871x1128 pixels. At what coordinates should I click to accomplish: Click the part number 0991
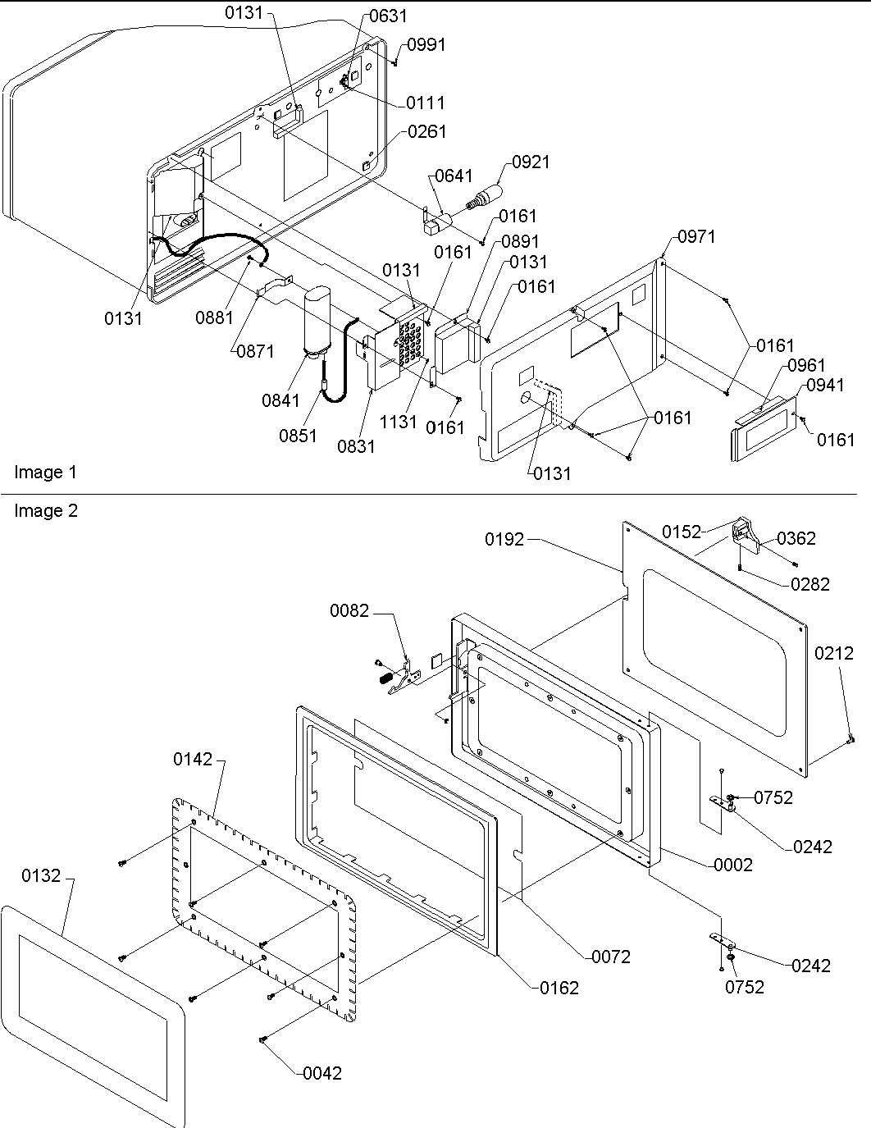[x=426, y=45]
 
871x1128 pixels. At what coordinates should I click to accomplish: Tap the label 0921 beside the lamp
[x=532, y=162]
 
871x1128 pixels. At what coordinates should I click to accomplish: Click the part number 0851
[x=298, y=436]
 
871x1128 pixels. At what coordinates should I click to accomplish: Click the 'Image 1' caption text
[x=45, y=473]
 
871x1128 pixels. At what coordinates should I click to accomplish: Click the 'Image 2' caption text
[x=46, y=511]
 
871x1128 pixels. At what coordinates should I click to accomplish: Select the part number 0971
[x=696, y=237]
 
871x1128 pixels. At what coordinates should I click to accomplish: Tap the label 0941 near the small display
[x=824, y=386]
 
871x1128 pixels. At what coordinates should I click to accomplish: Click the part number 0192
[x=504, y=539]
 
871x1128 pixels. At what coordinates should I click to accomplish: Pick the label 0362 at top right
[x=796, y=538]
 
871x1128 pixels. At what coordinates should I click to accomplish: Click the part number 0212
[x=835, y=653]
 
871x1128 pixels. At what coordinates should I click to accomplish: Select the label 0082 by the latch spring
[x=350, y=611]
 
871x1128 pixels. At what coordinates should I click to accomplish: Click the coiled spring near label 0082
[x=383, y=678]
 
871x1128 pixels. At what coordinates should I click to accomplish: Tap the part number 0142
[x=193, y=760]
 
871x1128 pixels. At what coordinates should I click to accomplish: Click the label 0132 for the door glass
[x=41, y=876]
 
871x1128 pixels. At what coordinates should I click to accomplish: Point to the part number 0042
[x=322, y=1073]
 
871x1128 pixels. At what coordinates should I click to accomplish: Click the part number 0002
[x=733, y=865]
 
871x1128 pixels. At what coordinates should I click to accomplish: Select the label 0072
[x=611, y=957]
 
